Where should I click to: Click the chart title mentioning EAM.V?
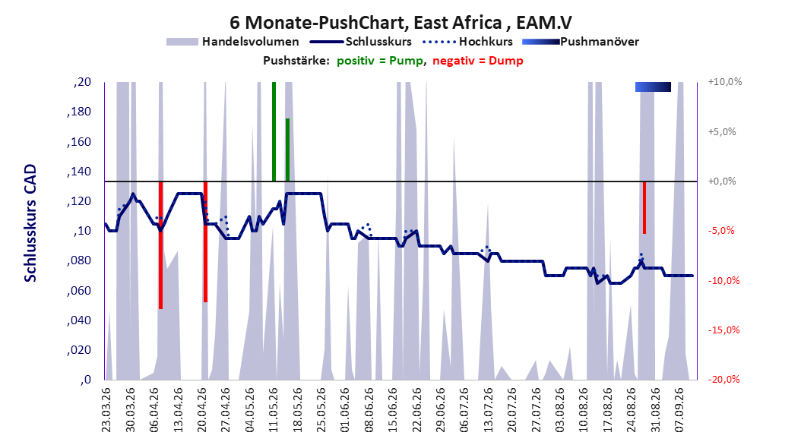pos(400,23)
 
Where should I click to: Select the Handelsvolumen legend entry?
pos(233,42)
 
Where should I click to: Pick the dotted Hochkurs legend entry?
pos(468,42)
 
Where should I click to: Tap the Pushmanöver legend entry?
pos(581,42)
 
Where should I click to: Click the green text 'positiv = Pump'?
pos(380,61)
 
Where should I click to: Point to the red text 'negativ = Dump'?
pos(478,61)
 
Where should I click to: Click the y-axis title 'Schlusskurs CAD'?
pos(30,223)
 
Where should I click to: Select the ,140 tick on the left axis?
pos(79,172)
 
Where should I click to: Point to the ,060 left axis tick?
pos(79,291)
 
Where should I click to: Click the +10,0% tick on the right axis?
pos(725,82)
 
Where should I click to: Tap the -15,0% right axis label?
pos(723,330)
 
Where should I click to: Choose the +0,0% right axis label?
pos(722,181)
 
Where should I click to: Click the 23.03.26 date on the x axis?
pos(106,410)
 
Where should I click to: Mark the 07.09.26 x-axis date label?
pos(679,410)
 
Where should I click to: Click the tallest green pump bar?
pos(274,131)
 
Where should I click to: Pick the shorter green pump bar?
pos(287,150)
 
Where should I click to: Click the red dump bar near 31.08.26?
pos(644,207)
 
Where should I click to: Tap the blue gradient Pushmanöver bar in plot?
pos(653,87)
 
